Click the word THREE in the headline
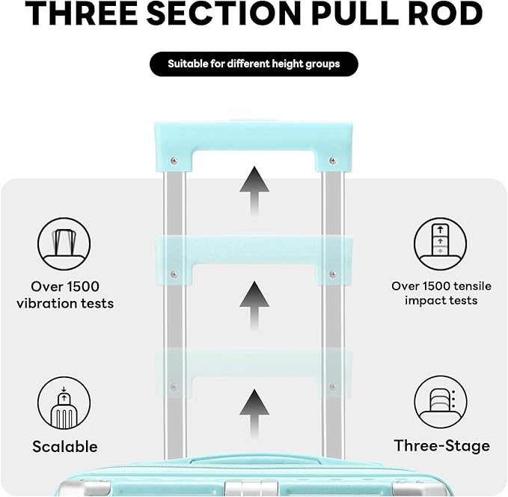coord(81,13)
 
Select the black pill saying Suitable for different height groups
coord(254,64)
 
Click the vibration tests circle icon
coord(64,244)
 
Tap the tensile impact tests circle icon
coord(440,244)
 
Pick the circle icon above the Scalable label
coord(64,403)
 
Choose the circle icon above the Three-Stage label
coord(440,403)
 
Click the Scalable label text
coord(65,446)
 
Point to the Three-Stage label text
coord(442,446)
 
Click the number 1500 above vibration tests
coord(83,287)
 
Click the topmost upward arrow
coord(254,191)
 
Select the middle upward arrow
coord(254,305)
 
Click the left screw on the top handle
coord(174,160)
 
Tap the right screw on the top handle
coord(333,160)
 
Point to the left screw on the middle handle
coord(174,274)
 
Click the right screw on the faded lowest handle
coord(332,386)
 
